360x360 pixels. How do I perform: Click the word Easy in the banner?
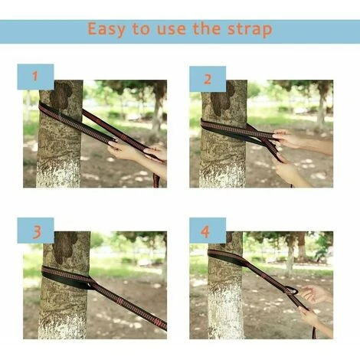(x=106, y=29)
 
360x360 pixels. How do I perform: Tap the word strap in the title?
(x=250, y=29)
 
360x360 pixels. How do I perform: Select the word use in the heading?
(x=171, y=29)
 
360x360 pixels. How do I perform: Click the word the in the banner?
(x=207, y=28)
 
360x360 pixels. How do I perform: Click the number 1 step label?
(x=35, y=76)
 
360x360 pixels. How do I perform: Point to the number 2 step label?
(x=208, y=79)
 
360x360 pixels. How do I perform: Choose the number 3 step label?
(x=37, y=232)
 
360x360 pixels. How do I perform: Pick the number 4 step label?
(x=205, y=232)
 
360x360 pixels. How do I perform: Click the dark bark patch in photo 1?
(x=61, y=96)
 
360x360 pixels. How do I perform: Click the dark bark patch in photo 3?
(x=64, y=247)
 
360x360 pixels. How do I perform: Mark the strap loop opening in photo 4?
(x=292, y=291)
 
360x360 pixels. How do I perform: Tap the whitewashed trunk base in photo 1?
(x=58, y=174)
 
